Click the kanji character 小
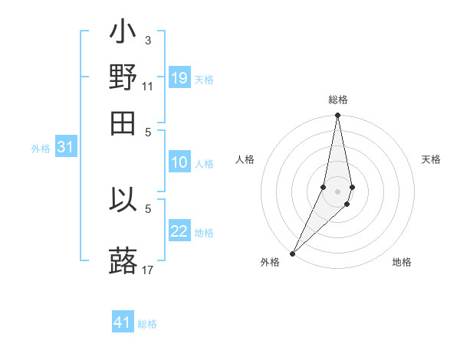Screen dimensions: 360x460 (x=123, y=34)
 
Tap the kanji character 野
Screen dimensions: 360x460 (x=123, y=77)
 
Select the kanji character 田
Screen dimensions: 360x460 (x=123, y=123)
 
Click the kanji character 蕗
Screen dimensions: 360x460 (x=123, y=260)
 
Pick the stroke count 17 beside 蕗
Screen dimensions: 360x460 (x=147, y=270)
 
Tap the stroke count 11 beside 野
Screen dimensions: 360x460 (x=147, y=87)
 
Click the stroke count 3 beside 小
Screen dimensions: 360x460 (x=147, y=40)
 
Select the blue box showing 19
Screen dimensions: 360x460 (x=179, y=78)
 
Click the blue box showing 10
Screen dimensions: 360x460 (x=179, y=162)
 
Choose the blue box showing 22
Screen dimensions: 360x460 (x=179, y=231)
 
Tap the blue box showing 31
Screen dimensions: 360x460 (x=65, y=148)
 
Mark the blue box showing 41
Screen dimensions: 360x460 (x=123, y=322)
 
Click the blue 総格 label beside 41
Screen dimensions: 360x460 (x=147, y=324)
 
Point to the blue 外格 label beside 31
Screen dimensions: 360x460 (x=41, y=149)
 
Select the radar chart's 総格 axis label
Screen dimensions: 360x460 (x=337, y=100)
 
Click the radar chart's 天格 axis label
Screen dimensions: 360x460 (x=431, y=159)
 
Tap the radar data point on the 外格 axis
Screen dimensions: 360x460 (x=293, y=253)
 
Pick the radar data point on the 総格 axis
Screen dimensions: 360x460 (x=337, y=116)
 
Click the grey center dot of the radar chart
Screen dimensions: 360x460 (x=337, y=191)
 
